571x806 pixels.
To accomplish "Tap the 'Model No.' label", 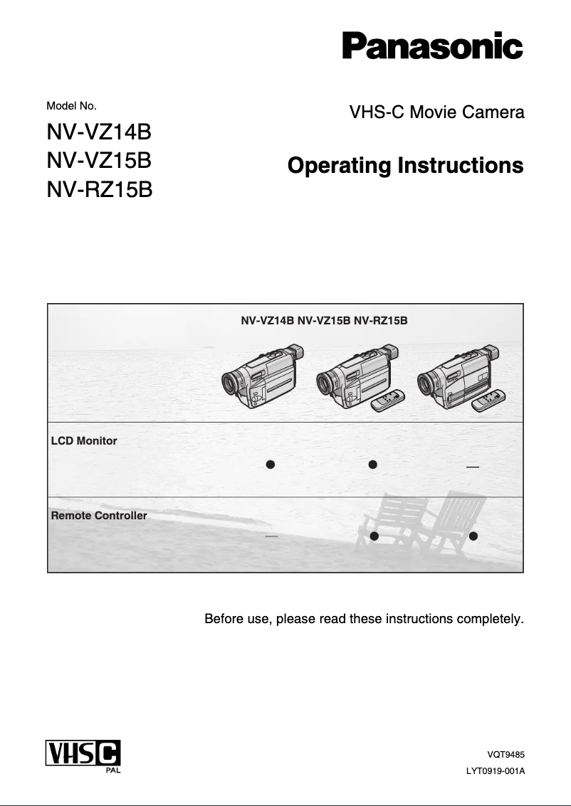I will coord(71,106).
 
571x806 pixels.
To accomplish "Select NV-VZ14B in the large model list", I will coord(99,132).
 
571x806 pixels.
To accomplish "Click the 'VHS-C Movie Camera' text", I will coord(436,112).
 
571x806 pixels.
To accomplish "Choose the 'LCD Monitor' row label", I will coord(84,441).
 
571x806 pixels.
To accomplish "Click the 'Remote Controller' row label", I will coord(99,515).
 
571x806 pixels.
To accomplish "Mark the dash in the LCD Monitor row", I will coord(472,467).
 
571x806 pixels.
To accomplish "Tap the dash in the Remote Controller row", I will coord(271,536).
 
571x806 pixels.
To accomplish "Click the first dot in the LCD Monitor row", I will coord(270,465).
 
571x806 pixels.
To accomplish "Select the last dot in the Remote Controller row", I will coord(473,535).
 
